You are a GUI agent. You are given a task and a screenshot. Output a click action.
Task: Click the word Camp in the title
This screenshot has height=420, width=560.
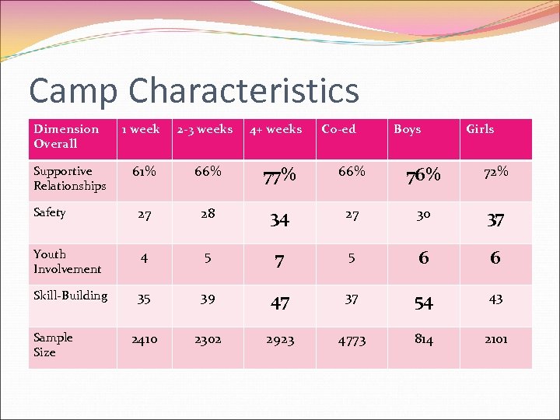[73, 91]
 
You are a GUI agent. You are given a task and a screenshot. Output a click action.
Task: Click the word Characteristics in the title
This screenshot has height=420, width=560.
[243, 91]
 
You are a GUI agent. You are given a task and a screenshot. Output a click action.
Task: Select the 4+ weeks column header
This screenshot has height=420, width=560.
[275, 129]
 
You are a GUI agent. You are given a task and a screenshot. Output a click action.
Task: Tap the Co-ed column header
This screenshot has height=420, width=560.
[338, 129]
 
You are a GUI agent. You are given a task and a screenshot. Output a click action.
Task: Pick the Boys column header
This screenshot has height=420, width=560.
[407, 129]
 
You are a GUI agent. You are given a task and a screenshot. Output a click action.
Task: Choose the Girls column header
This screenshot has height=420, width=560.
[480, 129]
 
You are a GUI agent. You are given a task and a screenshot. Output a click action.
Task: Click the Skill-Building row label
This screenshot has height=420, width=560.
[71, 296]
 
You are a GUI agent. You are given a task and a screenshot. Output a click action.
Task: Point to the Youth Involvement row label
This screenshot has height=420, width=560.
[67, 261]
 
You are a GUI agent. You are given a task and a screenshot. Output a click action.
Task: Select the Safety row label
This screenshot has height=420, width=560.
[50, 212]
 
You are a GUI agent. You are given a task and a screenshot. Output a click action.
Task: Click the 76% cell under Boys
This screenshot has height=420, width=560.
[424, 175]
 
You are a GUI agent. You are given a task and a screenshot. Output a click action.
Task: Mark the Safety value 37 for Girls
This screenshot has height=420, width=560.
[495, 220]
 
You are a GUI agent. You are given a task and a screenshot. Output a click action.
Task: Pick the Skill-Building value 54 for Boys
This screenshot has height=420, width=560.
[424, 303]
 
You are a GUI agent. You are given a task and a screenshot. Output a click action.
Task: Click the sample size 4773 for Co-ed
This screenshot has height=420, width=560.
[352, 339]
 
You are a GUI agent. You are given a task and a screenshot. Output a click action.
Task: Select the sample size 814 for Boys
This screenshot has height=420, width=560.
[424, 339]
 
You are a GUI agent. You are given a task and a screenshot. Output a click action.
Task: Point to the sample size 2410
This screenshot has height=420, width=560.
[144, 339]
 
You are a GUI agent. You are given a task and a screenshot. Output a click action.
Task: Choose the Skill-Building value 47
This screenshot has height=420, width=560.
[279, 303]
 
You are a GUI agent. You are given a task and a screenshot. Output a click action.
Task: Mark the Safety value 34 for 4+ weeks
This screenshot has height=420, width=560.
[279, 220]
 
